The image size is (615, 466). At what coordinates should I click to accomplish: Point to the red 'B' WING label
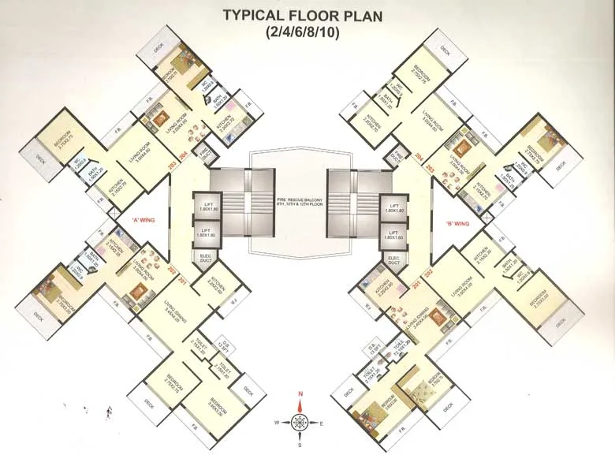coord(458,223)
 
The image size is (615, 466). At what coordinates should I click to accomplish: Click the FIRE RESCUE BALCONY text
coord(289,201)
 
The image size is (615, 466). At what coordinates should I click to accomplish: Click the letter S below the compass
coord(300,445)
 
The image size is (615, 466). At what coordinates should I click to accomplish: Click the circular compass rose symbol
coord(300,423)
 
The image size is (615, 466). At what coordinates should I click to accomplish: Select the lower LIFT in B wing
coord(393,234)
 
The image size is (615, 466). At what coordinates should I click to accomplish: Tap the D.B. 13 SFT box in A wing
coord(223,345)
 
